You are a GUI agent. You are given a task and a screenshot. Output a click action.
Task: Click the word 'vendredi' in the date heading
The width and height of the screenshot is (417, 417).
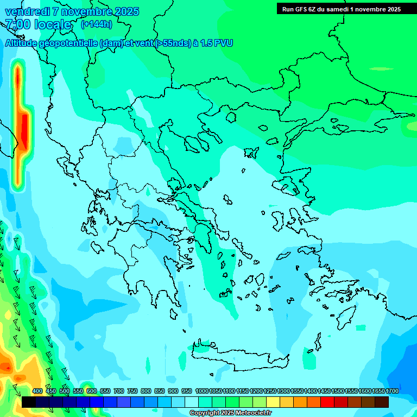pyautogui.click(x=27, y=11)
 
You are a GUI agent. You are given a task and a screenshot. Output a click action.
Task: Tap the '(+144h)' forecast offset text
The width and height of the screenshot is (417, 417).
pyautogui.click(x=96, y=24)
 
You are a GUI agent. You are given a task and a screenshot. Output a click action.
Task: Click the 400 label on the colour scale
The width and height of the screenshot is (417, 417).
pyautogui.click(x=37, y=391)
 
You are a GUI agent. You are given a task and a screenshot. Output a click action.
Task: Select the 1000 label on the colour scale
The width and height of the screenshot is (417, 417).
pyautogui.click(x=202, y=391)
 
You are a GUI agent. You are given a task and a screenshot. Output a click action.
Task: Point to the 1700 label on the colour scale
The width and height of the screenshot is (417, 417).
pyautogui.click(x=392, y=391)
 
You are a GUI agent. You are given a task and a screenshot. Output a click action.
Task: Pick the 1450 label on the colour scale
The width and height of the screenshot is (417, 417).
pyautogui.click(x=324, y=391)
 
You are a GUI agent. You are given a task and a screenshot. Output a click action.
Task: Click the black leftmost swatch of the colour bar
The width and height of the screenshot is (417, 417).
pyautogui.click(x=29, y=402)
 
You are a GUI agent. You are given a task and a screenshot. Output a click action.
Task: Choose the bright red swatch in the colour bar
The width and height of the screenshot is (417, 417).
pyautogui.click(x=327, y=402)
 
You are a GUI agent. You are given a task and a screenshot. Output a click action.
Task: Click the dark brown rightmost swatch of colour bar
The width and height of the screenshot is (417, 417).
pyautogui.click(x=382, y=402)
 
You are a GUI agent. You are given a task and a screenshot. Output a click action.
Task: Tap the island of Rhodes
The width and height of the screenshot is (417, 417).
pyautogui.click(x=345, y=317)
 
